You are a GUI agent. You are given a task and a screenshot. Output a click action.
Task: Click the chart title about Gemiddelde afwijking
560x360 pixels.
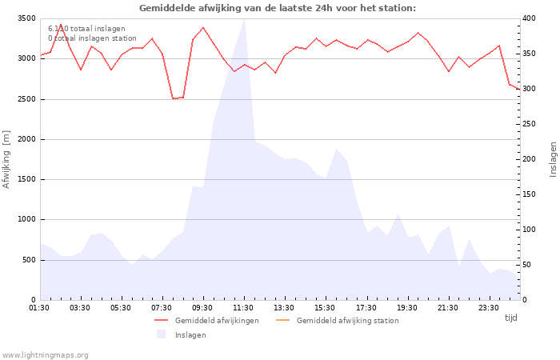[x=278, y=8]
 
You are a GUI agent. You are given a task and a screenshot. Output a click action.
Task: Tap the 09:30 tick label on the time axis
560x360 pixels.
[x=202, y=308]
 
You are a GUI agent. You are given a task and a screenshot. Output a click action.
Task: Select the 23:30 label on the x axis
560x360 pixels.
[x=489, y=308]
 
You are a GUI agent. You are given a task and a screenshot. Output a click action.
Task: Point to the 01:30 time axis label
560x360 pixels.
[x=39, y=308]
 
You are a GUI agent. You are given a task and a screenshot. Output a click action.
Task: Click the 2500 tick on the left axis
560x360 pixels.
[x=26, y=99]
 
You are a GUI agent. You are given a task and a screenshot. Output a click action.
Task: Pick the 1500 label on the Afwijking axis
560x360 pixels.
[x=26, y=179]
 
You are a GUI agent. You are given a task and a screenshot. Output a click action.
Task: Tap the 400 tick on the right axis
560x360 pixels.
[x=529, y=18]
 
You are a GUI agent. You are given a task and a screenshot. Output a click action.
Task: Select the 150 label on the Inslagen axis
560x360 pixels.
[x=529, y=194]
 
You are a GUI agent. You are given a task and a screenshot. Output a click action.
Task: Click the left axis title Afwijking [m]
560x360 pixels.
[x=6, y=159]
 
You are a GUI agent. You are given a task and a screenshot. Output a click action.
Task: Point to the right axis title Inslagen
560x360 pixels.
[x=553, y=159]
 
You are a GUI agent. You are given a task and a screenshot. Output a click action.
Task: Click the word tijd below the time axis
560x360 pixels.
[x=510, y=318]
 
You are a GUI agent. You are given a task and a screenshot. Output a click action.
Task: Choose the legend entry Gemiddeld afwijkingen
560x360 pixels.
[x=206, y=321]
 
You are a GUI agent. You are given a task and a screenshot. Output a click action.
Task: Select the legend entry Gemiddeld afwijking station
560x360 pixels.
[x=338, y=321]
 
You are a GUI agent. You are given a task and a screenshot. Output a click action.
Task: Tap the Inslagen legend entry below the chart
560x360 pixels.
[x=182, y=334]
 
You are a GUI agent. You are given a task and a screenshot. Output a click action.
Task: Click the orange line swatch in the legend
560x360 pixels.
[x=283, y=320]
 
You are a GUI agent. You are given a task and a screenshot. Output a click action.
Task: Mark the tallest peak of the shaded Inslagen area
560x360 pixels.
[x=244, y=20]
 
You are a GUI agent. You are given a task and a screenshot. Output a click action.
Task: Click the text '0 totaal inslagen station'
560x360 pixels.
[x=92, y=38]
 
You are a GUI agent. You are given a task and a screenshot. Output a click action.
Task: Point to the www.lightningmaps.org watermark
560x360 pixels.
[x=45, y=355]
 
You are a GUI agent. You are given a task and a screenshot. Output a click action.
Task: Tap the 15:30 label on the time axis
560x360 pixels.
[x=325, y=308]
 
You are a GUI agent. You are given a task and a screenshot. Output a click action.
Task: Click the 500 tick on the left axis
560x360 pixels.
[x=29, y=260]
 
